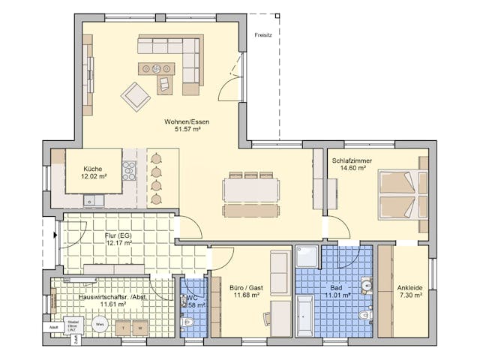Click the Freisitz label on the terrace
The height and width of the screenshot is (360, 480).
(263, 34)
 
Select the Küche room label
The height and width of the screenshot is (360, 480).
(94, 169)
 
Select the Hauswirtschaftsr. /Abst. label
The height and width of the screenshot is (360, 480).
(103, 297)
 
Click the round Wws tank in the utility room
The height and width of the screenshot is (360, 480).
(99, 325)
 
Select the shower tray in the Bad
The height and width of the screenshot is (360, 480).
(308, 256)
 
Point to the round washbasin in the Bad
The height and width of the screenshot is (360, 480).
(367, 283)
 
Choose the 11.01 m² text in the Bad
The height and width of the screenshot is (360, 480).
(334, 295)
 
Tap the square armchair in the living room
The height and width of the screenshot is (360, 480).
(136, 96)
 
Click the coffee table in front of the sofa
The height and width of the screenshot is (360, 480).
(155, 69)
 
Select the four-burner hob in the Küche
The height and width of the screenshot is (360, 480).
(129, 171)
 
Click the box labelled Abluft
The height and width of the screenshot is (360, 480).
(54, 327)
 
